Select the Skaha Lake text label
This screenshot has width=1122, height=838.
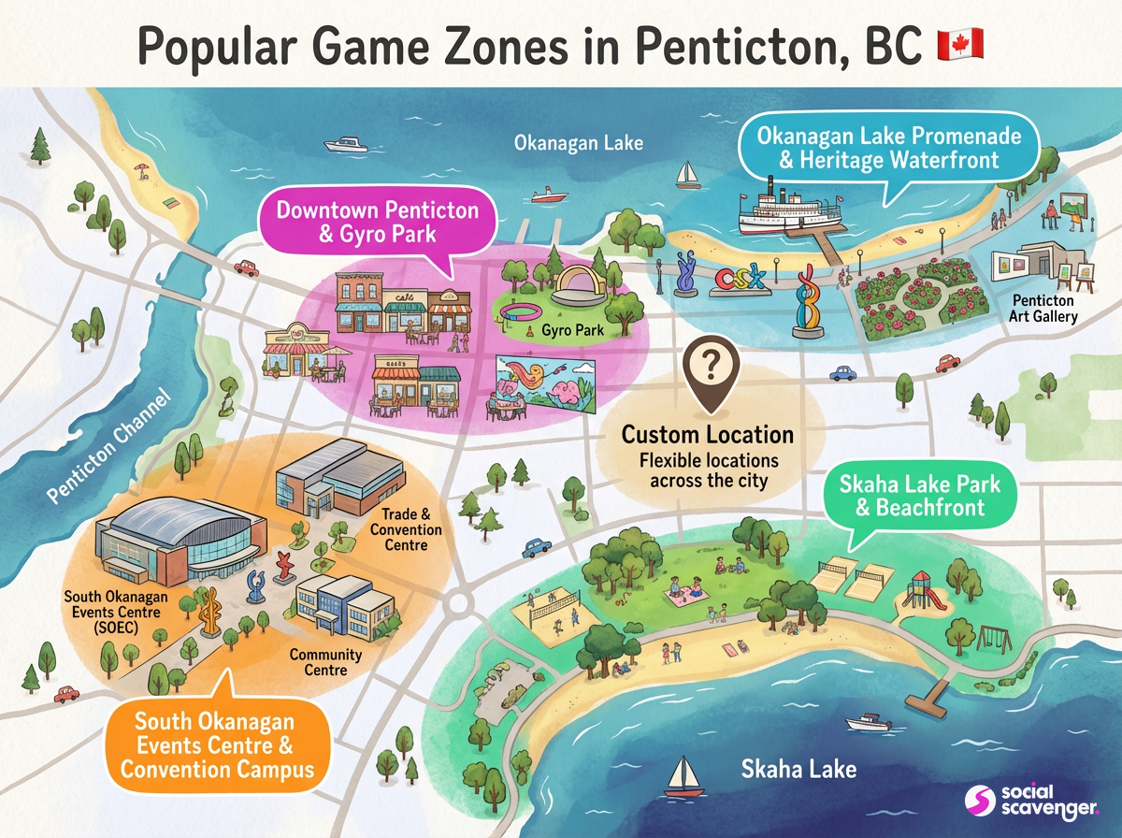[798, 770]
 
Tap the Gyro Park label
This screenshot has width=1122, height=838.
[578, 330]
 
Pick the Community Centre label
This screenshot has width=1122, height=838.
[318, 661]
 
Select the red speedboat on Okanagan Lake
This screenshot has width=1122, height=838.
[550, 195]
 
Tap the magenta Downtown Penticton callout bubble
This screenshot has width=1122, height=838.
[377, 222]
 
